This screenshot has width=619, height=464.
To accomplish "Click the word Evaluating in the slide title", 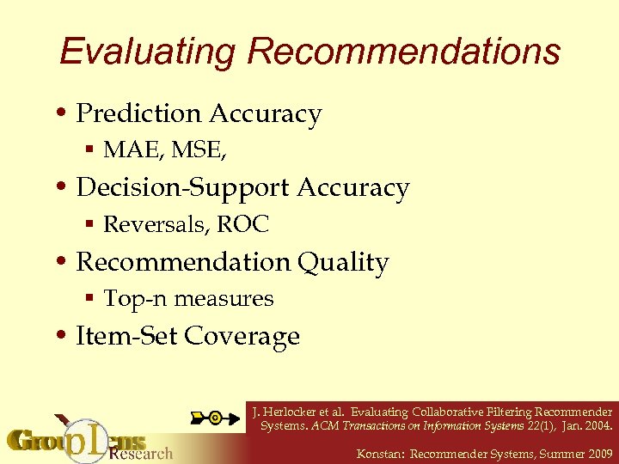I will [148, 52].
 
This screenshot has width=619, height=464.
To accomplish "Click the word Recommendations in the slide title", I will [403, 52].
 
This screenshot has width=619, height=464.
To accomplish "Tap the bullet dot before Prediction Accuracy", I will [65, 114].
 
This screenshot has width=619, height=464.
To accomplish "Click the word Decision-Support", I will [182, 188].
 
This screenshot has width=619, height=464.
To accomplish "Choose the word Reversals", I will [156, 225].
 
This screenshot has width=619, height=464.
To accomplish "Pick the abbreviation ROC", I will [243, 225].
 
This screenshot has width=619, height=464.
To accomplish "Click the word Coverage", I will [242, 336].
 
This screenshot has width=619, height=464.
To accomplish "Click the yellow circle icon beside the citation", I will [214, 418].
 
